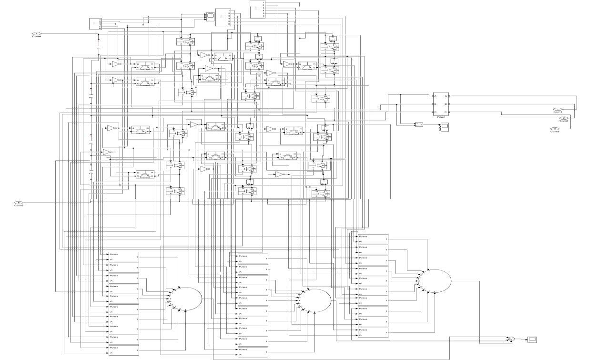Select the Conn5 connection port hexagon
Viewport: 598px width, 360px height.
(x=19, y=203)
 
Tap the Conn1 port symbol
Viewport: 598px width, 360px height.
(x=557, y=109)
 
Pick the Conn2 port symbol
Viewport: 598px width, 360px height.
(x=564, y=118)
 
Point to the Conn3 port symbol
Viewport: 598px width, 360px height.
(x=555, y=128)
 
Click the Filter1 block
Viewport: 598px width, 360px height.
(x=441, y=104)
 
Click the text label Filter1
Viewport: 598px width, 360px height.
(x=441, y=116)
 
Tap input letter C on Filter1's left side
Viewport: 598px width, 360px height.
(x=435, y=112)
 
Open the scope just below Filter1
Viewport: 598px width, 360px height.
(x=445, y=126)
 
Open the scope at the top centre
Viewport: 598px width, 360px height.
(x=210, y=17)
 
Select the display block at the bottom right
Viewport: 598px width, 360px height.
(x=533, y=339)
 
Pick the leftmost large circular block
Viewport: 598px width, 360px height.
(x=186, y=298)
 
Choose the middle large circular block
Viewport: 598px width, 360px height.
(x=314, y=300)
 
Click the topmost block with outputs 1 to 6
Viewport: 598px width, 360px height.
(x=257, y=10)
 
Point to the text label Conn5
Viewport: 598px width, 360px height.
(x=19, y=206)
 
